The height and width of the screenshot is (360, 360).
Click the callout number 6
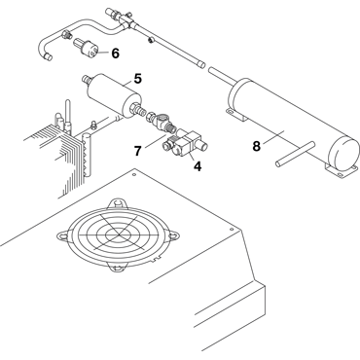pos(115,54)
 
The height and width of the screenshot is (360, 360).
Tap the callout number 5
pos(138,79)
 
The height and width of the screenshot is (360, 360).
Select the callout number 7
pos(138,151)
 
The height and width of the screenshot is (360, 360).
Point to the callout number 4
pos(198,166)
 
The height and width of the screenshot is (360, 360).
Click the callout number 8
pos(257,146)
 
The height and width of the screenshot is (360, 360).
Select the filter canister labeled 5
pos(114,96)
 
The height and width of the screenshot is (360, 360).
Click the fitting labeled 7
pos(162,123)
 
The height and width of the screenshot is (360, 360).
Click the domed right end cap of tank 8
pos(344,154)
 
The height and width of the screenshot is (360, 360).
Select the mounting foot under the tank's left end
pos(236,115)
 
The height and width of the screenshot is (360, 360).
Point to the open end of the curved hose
pos(47,56)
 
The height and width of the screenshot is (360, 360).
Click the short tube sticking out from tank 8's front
pos(295,154)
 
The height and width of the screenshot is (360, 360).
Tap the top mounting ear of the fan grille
pos(117,203)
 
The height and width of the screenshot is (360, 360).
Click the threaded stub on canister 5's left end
pos(87,79)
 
